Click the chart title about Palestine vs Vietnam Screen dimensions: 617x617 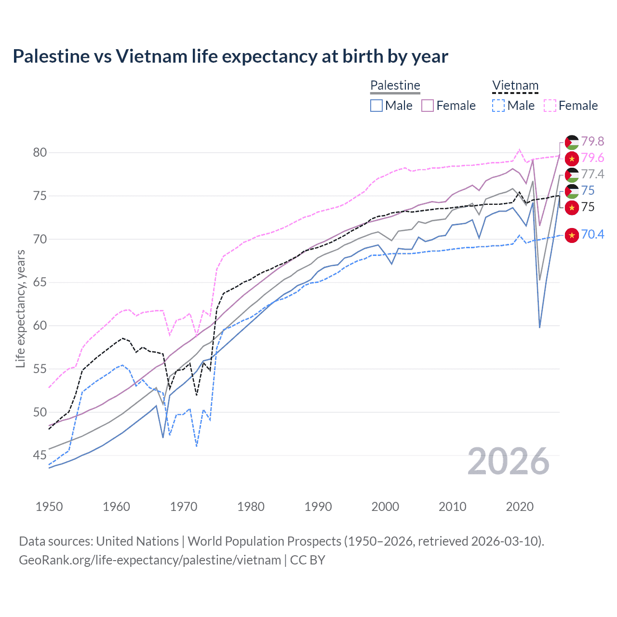coord(230,56)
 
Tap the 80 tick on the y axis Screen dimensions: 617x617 coord(40,153)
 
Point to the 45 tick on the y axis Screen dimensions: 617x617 coord(40,456)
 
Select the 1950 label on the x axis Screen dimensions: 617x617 coord(49,507)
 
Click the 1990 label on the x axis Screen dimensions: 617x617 coord(318,507)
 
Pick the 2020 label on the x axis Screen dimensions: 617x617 coord(520,507)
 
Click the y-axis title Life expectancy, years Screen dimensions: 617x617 coord(20,308)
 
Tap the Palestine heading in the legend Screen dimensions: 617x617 coord(395,85)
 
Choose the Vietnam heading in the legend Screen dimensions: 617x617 coord(515,85)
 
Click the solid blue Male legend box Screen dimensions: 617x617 coord(376,106)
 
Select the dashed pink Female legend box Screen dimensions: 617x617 coord(550,106)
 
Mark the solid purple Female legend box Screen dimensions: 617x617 coord(428,106)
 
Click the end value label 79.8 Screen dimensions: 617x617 coord(592,141)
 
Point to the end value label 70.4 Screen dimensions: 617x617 coord(592,235)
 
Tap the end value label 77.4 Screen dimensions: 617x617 coord(592,174)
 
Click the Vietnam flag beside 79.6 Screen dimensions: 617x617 coord(572,158)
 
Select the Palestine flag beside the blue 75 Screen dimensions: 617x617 coord(572,191)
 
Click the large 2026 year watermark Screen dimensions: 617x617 coord(509,461)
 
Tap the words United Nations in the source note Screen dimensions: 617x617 coord(137,541)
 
